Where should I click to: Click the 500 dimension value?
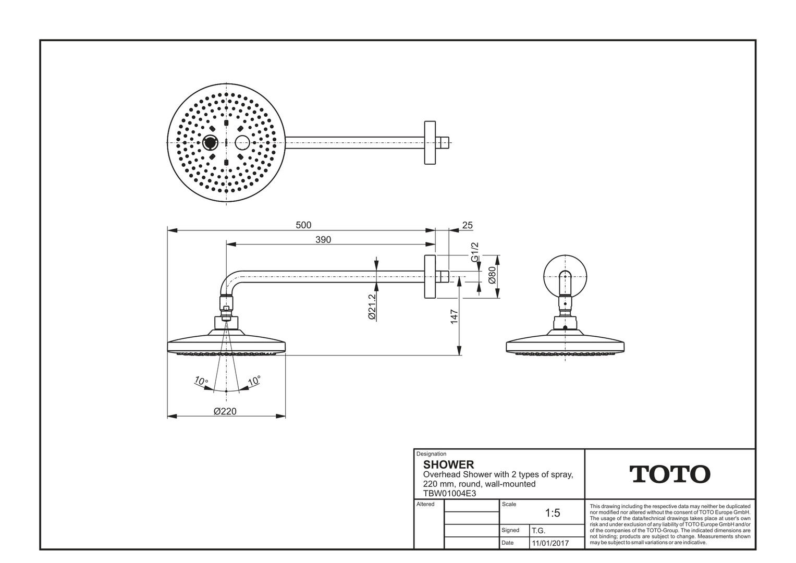[x=303, y=225]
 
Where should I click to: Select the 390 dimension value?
[x=323, y=240]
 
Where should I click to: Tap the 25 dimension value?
[x=467, y=225]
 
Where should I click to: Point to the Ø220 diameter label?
[x=225, y=411]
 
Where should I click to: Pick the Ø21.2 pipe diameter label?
[x=372, y=306]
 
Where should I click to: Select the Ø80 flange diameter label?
[x=492, y=276]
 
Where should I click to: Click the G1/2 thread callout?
[x=474, y=252]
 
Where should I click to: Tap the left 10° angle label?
[x=201, y=382]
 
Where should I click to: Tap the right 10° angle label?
[x=254, y=381]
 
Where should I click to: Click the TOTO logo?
[x=670, y=474]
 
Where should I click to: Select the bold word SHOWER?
[x=448, y=464]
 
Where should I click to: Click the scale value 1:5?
[x=552, y=513]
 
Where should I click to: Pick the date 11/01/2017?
[x=550, y=543]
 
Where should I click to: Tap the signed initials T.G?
[x=538, y=531]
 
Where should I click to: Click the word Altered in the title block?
[x=425, y=504]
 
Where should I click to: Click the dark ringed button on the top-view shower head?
[x=211, y=142]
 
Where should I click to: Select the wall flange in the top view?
[x=430, y=142]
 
